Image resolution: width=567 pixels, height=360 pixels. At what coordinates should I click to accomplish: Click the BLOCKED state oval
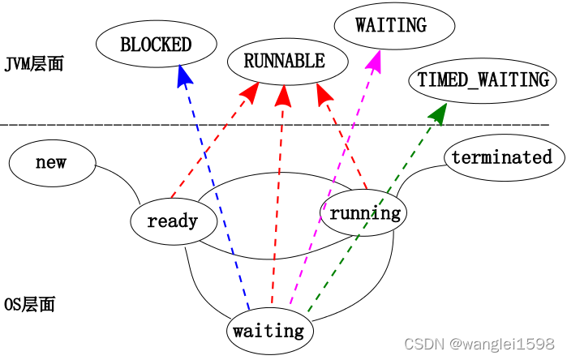coord(156,45)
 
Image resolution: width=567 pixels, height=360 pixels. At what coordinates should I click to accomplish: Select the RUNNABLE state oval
coord(284,61)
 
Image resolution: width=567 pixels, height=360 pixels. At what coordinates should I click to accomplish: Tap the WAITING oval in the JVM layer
coord(391,25)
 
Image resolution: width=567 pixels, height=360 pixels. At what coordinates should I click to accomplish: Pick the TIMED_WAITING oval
coord(483,79)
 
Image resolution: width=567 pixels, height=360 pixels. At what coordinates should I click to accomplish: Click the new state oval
coord(51,162)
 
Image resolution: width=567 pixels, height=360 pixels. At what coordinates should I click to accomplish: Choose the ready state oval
coord(173,221)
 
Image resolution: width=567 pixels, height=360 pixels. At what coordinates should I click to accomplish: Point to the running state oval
coord(364,213)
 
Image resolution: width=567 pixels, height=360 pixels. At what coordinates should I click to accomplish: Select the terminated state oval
coord(501,157)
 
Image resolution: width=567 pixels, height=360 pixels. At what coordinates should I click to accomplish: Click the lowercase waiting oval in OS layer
coord(268,331)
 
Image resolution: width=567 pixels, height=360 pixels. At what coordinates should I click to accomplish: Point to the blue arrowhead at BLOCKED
coord(183,76)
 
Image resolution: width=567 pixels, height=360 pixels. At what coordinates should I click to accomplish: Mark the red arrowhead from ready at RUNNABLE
coord(249,93)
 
